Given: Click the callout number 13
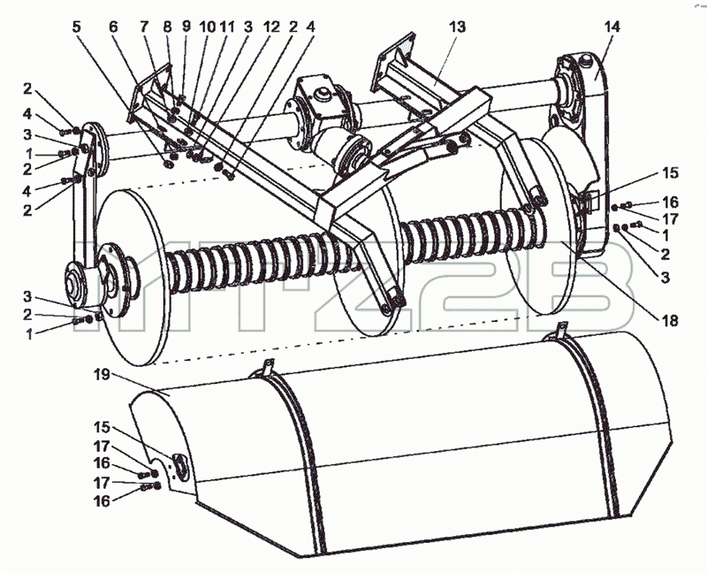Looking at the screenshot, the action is (456, 27).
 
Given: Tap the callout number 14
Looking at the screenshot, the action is (612, 27).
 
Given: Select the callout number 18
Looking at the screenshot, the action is (670, 321).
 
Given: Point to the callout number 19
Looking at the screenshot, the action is (103, 374).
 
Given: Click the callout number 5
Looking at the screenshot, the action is (77, 27).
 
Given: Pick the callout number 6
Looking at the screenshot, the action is (113, 27).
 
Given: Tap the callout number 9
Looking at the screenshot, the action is (186, 27).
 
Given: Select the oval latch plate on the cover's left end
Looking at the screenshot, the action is (180, 465).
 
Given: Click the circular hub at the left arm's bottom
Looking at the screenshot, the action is (75, 285).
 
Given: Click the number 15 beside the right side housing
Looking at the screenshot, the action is (670, 172).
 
